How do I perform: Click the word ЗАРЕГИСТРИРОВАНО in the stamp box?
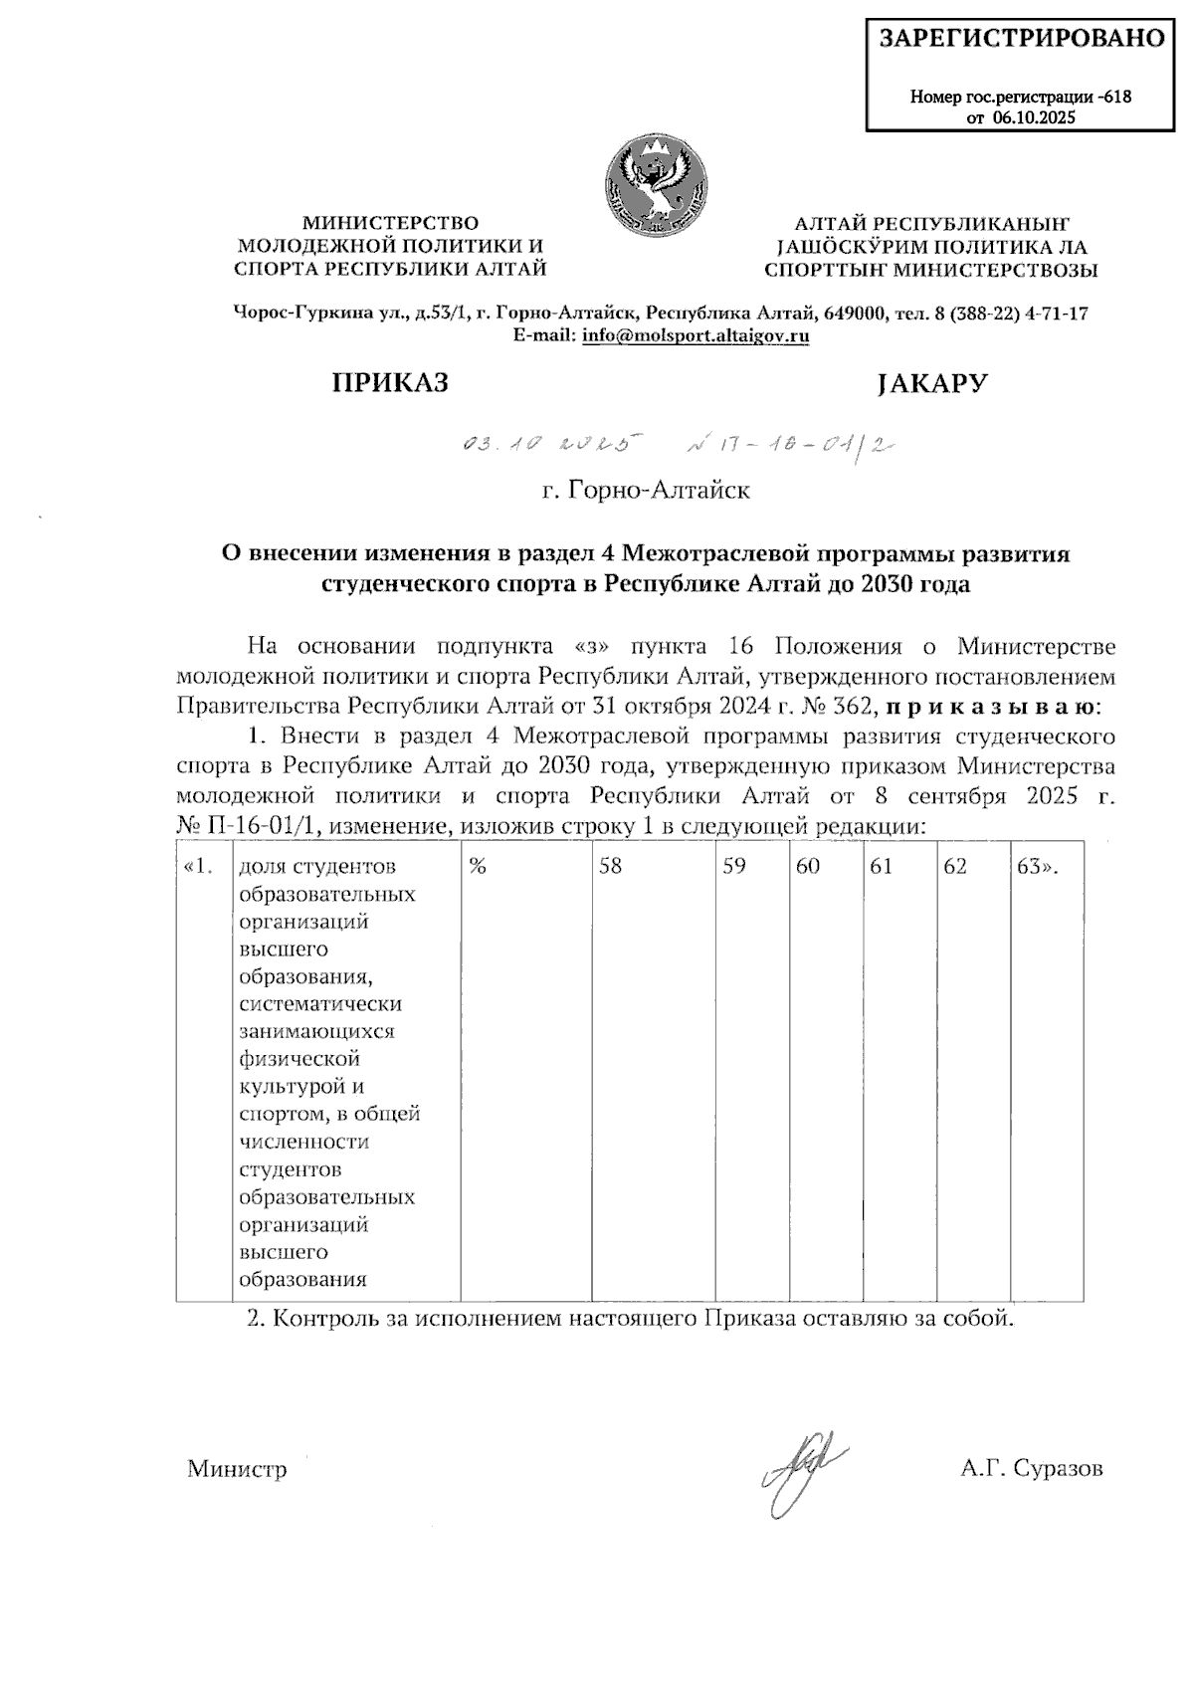pyautogui.click(x=1021, y=39)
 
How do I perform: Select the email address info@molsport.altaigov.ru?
pyautogui.click(x=696, y=336)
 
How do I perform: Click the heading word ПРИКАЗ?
pyautogui.click(x=390, y=383)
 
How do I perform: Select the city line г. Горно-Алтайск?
pyautogui.click(x=646, y=491)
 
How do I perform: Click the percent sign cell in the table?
pyautogui.click(x=478, y=866)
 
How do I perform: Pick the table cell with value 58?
pyautogui.click(x=610, y=866)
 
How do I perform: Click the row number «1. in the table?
pyautogui.click(x=200, y=866)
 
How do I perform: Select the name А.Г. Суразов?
pyautogui.click(x=1032, y=1468)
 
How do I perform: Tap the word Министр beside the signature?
pyautogui.click(x=237, y=1469)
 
